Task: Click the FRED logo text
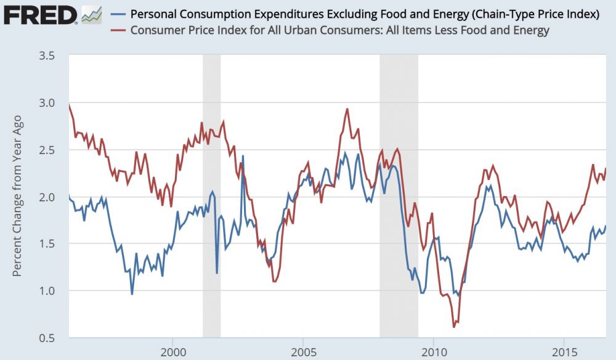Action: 41,14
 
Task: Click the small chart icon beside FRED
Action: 92,14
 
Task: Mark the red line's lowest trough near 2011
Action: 454,326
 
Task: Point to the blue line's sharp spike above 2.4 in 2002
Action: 243,156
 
